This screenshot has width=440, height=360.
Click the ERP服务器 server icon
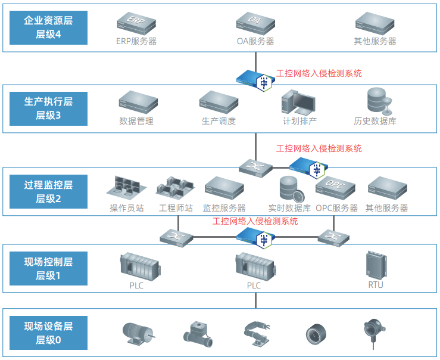[136, 23]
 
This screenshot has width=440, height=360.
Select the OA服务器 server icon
[255, 23]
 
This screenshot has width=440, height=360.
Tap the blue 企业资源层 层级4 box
[49, 27]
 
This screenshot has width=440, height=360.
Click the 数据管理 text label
[136, 121]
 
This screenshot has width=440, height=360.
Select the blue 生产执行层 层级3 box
[49, 108]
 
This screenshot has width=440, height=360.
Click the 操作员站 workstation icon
[127, 188]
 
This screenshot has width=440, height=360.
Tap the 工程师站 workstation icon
[176, 188]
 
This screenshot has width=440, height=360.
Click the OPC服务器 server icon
[336, 189]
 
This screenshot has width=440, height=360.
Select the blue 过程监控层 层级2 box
[49, 190]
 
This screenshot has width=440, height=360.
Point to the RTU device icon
[376, 264]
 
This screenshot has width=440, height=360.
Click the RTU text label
[376, 285]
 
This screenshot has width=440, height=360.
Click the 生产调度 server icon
[219, 102]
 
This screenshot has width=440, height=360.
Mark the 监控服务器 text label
[224, 208]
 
